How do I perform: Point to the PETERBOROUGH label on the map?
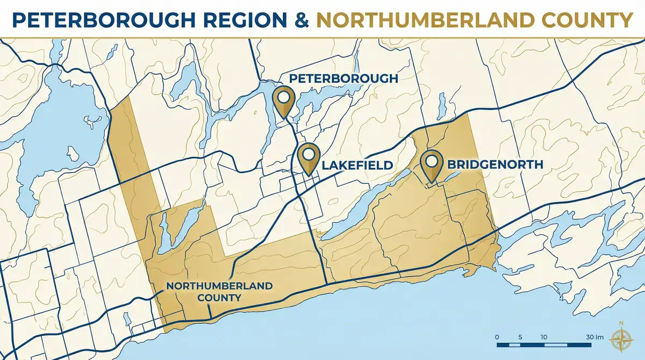[x=343, y=78]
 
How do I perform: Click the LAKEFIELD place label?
[x=357, y=165]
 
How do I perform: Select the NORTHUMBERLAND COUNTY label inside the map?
[x=219, y=291]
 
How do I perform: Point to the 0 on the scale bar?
[x=497, y=337]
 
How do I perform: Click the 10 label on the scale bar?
[x=543, y=337]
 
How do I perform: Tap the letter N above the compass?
[x=621, y=323]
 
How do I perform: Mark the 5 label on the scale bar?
[x=520, y=337]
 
